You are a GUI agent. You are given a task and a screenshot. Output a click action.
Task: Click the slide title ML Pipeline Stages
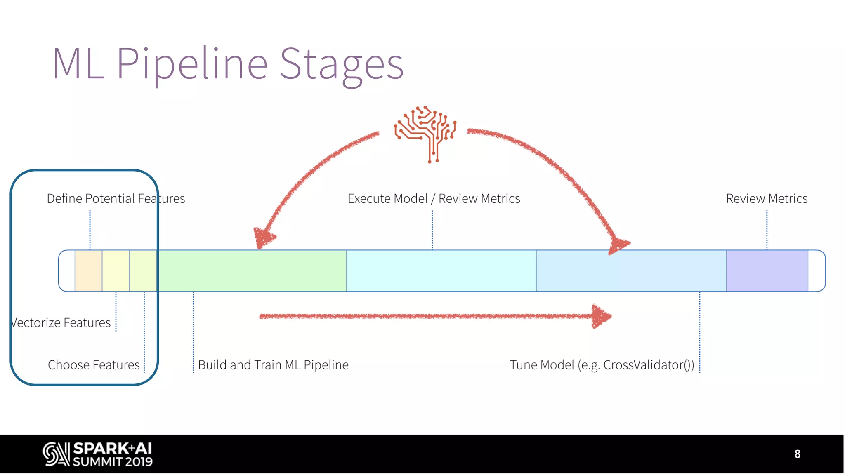pyautogui.click(x=228, y=64)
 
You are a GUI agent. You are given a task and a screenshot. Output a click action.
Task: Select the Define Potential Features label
pyautogui.click(x=116, y=198)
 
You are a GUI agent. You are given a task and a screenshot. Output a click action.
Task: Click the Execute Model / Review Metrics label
pyautogui.click(x=434, y=198)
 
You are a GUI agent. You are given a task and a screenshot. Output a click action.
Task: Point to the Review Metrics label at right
pyautogui.click(x=766, y=198)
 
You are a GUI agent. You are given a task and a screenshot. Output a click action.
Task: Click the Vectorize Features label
pyautogui.click(x=61, y=322)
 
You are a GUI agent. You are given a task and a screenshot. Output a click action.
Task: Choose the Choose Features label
pyautogui.click(x=94, y=365)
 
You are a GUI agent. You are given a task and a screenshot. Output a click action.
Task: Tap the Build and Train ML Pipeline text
pyautogui.click(x=273, y=365)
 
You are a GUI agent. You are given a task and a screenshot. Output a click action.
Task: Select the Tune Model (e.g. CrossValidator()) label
pyautogui.click(x=602, y=365)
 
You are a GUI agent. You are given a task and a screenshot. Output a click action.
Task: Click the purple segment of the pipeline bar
pyautogui.click(x=767, y=270)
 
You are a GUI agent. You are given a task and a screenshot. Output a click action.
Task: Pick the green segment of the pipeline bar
pyautogui.click(x=253, y=270)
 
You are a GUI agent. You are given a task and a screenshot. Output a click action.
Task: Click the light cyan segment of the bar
pyautogui.click(x=441, y=270)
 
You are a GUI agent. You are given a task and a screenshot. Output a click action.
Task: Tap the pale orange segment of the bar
pyautogui.click(x=88, y=270)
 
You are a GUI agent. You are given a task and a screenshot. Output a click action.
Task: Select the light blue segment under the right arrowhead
pyautogui.click(x=631, y=270)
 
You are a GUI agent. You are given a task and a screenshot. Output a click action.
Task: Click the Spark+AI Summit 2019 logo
pyautogui.click(x=98, y=454)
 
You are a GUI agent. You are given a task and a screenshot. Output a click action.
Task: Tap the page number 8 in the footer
pyautogui.click(x=797, y=454)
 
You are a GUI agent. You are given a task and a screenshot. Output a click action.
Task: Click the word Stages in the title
pyautogui.click(x=341, y=64)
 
